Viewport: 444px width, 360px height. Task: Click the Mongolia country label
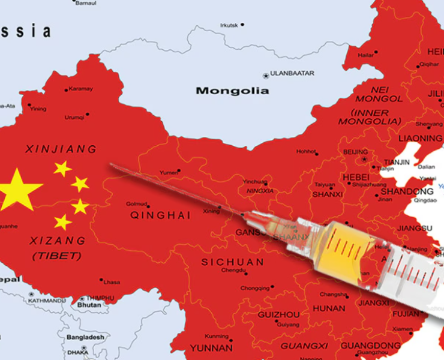tap(232, 91)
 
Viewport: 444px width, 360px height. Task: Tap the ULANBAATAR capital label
tap(292, 73)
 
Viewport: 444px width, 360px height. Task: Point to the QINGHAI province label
tap(160, 215)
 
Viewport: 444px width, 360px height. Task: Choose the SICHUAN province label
tap(232, 262)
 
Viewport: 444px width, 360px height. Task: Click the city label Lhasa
tap(112, 282)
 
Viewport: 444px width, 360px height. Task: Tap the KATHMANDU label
tap(46, 300)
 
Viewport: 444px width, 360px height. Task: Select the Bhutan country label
tap(89, 305)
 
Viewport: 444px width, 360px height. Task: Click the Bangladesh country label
tap(85, 337)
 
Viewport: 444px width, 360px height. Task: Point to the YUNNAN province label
tap(211, 347)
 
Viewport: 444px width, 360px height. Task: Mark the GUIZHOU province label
tap(278, 314)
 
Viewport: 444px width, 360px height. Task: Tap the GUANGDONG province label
tap(370, 346)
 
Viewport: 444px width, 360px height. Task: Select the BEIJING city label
tap(355, 152)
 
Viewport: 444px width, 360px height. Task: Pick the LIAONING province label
tap(420, 138)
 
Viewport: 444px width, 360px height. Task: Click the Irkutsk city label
tap(229, 25)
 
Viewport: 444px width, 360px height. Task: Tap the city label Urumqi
tap(74, 117)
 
